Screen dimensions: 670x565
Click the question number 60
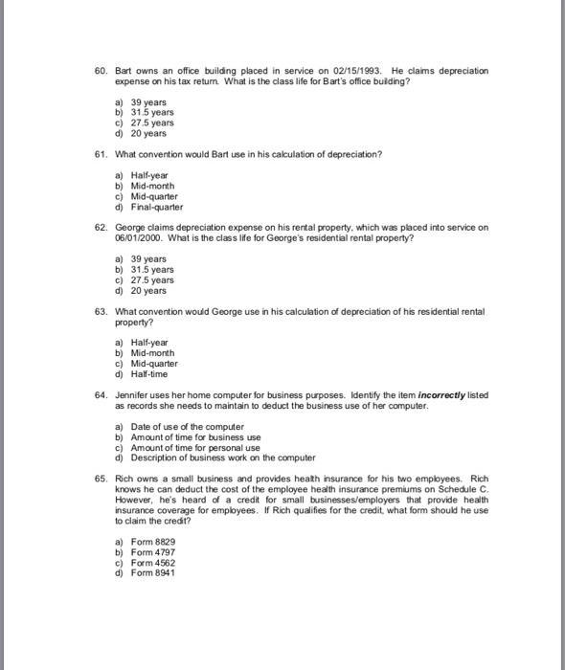point(99,72)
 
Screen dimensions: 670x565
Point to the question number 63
point(99,313)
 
